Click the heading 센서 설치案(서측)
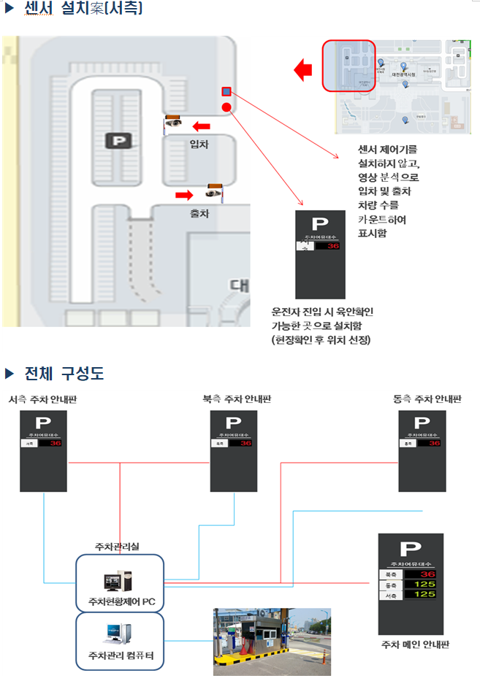tap(83, 9)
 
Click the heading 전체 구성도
tap(64, 374)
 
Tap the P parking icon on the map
tap(115, 141)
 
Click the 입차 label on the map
tap(199, 145)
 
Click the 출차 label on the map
tap(199, 215)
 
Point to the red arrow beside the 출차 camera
tap(184, 194)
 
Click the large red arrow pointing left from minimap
tap(302, 71)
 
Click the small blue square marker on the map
tap(226, 92)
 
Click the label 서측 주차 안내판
tap(43, 400)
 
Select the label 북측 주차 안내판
tap(232, 399)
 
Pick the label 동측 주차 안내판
tap(427, 399)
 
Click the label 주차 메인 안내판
tap(415, 645)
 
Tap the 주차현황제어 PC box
tap(120, 583)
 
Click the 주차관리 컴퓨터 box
tap(120, 641)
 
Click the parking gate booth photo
tap(272, 641)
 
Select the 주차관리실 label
tap(117, 546)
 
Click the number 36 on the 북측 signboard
tap(245, 443)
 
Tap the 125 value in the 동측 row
tap(424, 585)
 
